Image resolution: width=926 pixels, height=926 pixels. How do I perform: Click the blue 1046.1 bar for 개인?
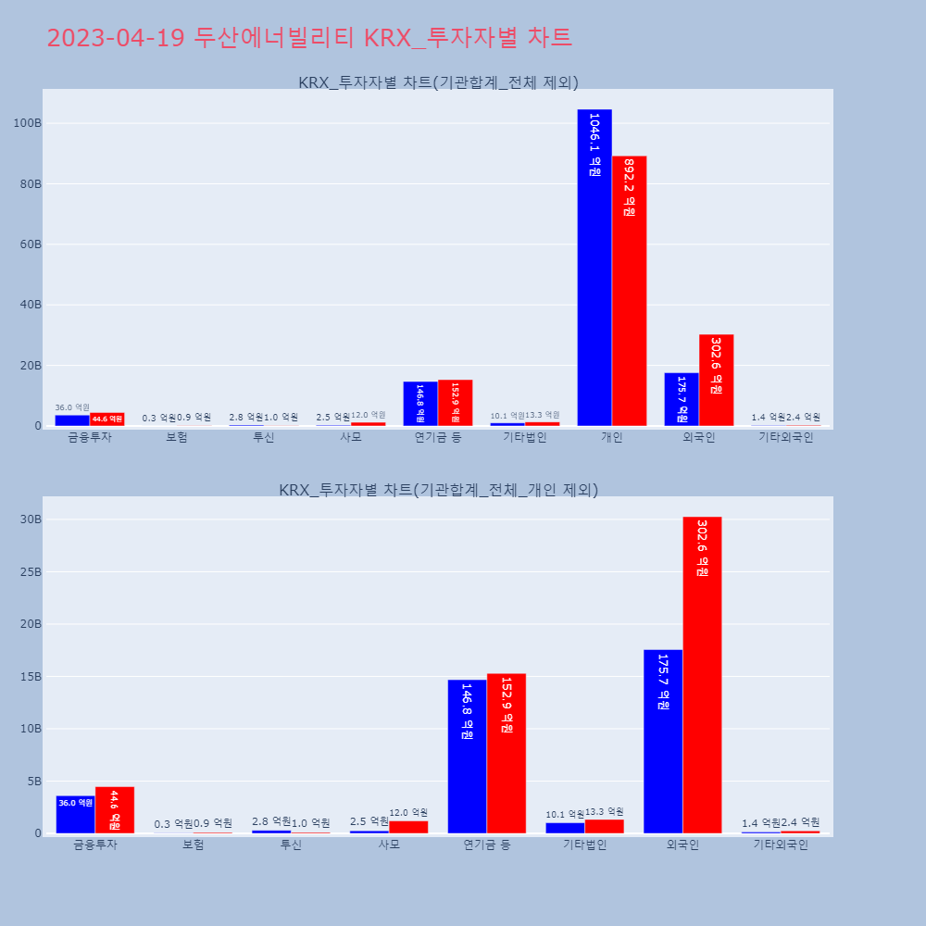point(594,269)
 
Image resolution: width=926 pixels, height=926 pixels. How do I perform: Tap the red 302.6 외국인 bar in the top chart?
point(716,381)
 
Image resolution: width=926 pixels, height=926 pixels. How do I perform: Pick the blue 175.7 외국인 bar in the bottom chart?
point(663,741)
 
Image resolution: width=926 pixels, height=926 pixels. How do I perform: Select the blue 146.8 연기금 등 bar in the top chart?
point(420,404)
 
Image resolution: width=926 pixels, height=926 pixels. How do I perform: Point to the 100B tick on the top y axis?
point(26,123)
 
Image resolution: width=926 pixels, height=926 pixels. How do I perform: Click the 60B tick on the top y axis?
point(30,244)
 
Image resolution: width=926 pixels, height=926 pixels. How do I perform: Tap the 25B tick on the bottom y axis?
point(31,571)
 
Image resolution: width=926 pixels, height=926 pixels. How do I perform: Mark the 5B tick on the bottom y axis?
point(33,781)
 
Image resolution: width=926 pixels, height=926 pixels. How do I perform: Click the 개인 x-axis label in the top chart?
point(612,437)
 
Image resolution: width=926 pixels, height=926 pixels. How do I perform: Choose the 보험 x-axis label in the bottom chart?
point(194,845)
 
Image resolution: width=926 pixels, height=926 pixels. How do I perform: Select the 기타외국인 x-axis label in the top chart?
point(785,437)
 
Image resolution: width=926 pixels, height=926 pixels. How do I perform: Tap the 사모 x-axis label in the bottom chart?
point(389,845)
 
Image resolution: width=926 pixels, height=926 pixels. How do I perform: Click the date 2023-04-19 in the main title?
point(116,38)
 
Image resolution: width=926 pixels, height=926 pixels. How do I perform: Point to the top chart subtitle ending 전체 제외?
point(438,82)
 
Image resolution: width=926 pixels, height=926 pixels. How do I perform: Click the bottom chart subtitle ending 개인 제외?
point(438,490)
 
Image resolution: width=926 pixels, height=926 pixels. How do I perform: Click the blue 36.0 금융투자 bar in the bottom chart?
point(75,815)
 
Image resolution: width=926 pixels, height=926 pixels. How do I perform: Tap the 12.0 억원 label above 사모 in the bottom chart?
point(408,813)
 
